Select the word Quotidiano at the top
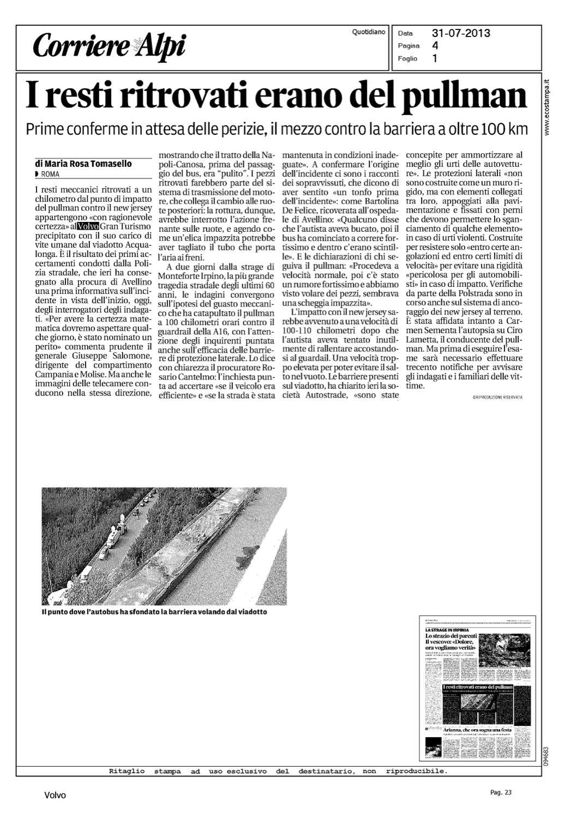click(x=369, y=32)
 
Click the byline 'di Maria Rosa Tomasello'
click(x=83, y=164)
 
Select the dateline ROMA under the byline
click(x=50, y=174)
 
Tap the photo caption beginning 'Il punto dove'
click(x=154, y=612)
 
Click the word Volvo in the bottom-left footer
click(x=55, y=796)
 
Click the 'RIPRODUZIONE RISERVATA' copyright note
click(x=497, y=398)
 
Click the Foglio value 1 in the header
click(x=434, y=58)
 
